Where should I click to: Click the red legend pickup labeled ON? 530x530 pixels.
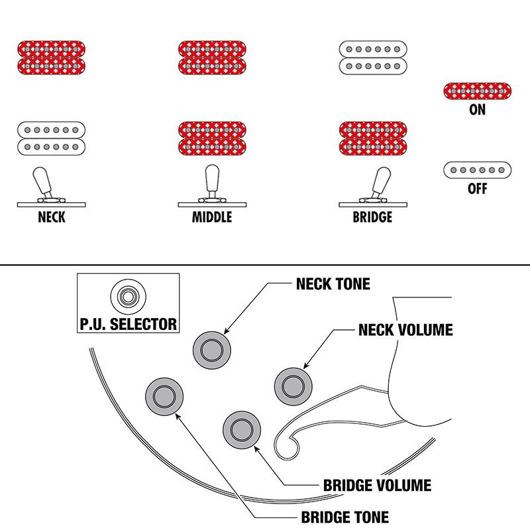[477, 91]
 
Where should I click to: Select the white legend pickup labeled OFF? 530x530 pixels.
[477, 170]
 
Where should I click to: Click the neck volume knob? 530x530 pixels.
[293, 383]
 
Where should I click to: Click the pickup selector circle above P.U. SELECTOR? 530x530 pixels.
[127, 295]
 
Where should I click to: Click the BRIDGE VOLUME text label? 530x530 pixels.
[377, 486]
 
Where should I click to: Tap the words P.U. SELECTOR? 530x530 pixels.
[127, 324]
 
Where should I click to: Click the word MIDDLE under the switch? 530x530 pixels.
[212, 217]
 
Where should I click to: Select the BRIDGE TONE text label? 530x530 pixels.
[344, 517]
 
